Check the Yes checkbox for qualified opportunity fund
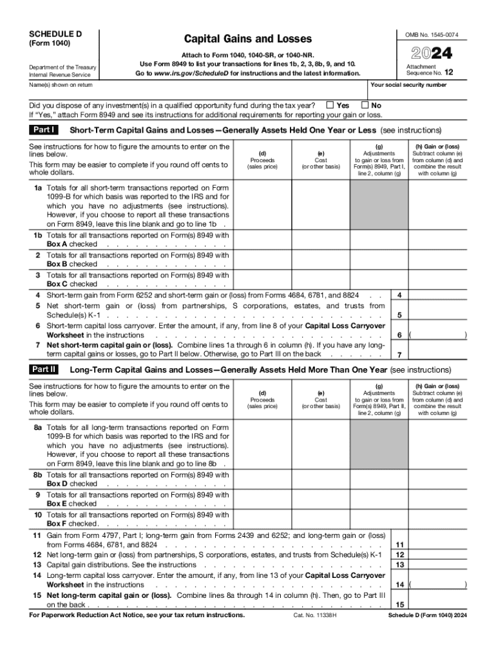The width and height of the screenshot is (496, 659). [330, 105]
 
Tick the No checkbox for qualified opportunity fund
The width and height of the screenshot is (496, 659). [365, 105]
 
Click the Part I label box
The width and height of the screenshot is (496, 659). [44, 130]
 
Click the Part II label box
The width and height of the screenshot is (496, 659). [44, 370]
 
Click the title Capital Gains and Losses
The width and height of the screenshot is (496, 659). [248, 39]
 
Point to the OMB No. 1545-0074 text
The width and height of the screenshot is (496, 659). [436, 34]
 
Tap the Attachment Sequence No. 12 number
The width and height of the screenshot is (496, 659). [448, 73]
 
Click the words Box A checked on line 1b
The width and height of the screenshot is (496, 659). [72, 245]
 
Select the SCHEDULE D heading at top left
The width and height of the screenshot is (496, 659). [56, 33]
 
